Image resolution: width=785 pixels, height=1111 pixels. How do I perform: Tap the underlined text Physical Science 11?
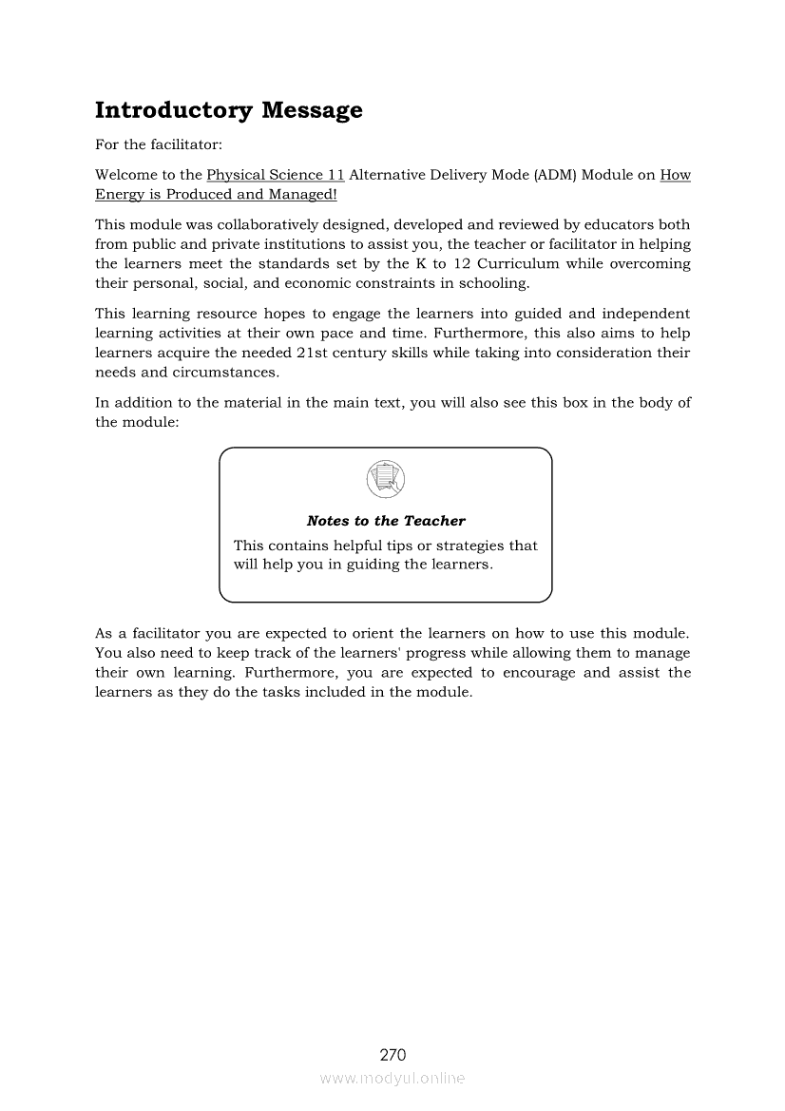[275, 175]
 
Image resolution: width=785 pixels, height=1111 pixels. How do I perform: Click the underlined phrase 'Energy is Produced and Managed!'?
[216, 195]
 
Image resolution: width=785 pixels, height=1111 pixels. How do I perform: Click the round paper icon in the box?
[385, 478]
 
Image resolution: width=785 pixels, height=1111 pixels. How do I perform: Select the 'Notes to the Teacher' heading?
[386, 521]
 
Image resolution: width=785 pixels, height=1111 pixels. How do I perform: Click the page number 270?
[392, 1054]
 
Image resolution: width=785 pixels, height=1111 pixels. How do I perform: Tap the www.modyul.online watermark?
[392, 1078]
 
